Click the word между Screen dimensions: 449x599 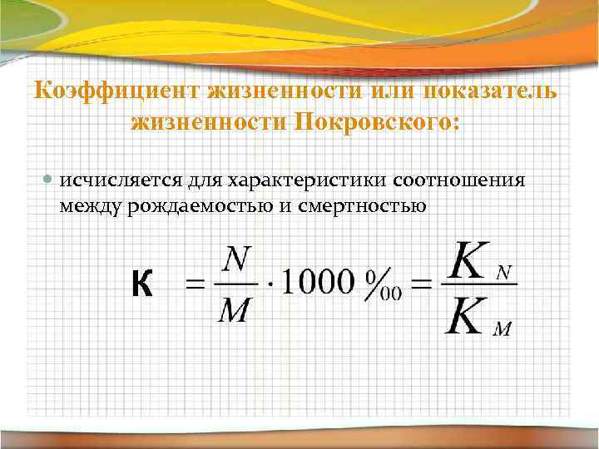[x=91, y=205]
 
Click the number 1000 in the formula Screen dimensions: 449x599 [x=318, y=285]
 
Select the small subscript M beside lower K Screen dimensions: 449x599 [x=502, y=330]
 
